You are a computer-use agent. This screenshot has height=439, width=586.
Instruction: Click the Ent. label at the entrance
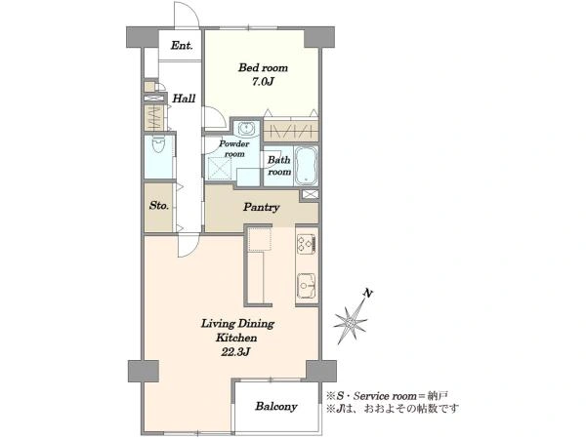[x=182, y=46]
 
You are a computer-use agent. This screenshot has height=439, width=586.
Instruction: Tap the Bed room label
[x=263, y=67]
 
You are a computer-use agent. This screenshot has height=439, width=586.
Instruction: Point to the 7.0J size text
[x=263, y=82]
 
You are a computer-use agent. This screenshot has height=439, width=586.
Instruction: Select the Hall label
[x=184, y=99]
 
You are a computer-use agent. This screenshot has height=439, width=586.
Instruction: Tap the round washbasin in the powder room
[x=246, y=129]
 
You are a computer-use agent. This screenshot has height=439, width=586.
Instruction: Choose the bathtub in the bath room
[x=306, y=166]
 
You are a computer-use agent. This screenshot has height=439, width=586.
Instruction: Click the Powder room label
[x=234, y=148]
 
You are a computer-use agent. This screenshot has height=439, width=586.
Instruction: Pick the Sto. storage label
[x=159, y=205]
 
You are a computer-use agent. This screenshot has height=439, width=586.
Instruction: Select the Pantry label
[x=261, y=207]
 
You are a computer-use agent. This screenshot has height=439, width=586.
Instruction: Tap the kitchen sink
[x=307, y=286]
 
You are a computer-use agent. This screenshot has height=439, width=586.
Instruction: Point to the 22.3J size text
[x=235, y=351]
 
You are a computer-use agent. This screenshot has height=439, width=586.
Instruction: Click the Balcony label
[x=276, y=406]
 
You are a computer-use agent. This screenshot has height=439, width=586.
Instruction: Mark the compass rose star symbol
[x=351, y=321]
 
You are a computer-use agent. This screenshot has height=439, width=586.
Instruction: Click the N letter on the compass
[x=368, y=294]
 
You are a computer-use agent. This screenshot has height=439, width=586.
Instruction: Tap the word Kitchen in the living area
[x=236, y=338]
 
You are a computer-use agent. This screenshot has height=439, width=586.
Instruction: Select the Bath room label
[x=279, y=166]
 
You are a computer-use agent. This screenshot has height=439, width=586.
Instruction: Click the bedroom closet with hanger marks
[x=291, y=130]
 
